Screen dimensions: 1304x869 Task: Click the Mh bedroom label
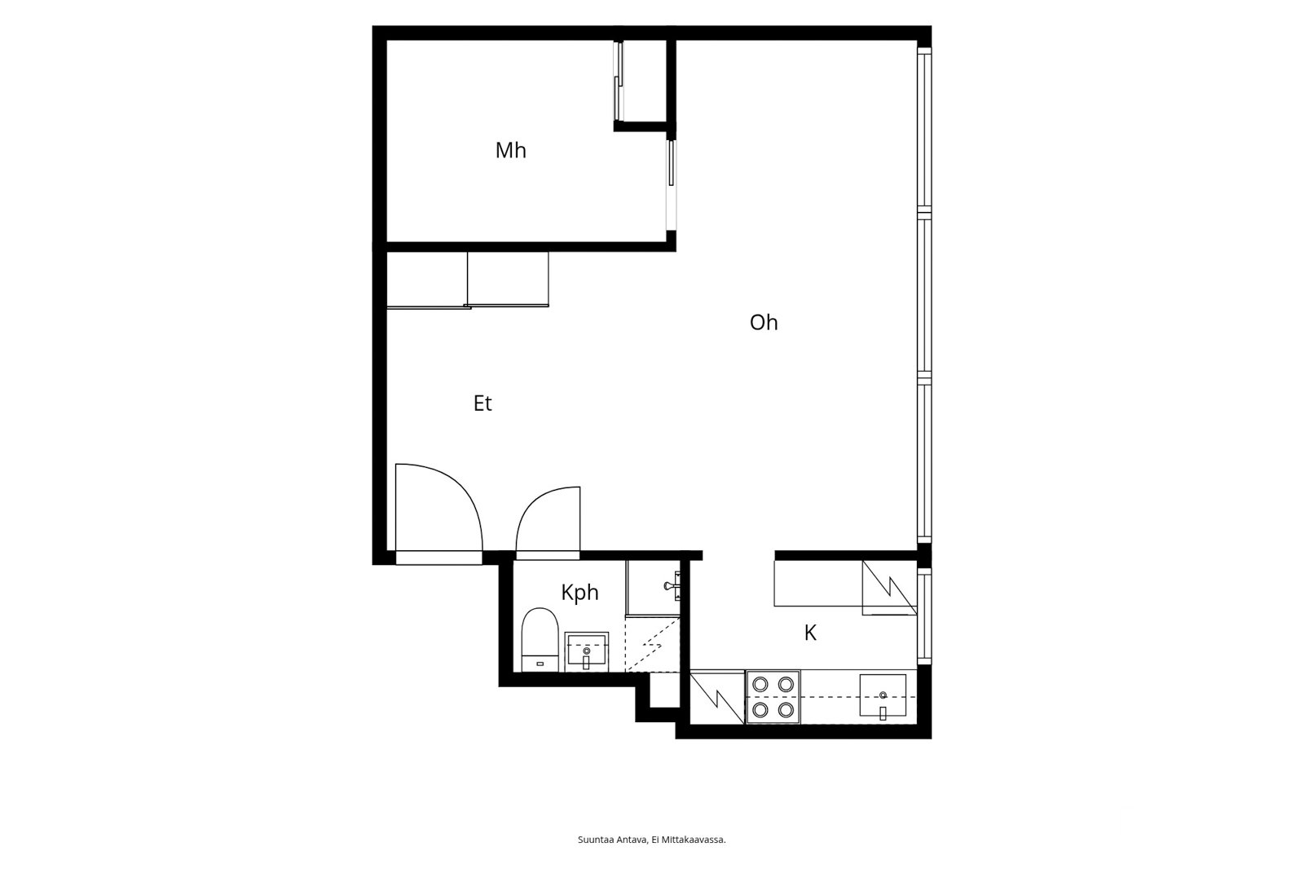click(x=510, y=150)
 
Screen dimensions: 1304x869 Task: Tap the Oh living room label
click(x=763, y=322)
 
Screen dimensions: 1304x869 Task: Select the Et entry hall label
click(x=482, y=403)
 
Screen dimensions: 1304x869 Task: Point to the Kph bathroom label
click(x=579, y=593)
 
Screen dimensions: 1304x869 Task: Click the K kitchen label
click(x=810, y=633)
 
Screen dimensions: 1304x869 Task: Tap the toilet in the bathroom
click(x=540, y=639)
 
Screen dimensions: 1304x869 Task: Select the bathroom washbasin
click(x=586, y=652)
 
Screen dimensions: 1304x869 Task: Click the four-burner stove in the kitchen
click(x=773, y=697)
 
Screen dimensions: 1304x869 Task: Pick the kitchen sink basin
click(x=883, y=695)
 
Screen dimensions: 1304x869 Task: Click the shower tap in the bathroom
click(x=672, y=586)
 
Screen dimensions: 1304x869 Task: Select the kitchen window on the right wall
click(x=924, y=615)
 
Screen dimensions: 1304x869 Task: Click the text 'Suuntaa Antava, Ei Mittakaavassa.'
click(x=651, y=840)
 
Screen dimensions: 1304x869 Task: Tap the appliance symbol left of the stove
click(x=717, y=698)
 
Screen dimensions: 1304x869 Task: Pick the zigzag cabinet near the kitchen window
click(x=889, y=588)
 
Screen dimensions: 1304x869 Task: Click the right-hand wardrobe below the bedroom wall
click(x=508, y=279)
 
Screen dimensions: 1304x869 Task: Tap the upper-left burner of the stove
click(x=760, y=684)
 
